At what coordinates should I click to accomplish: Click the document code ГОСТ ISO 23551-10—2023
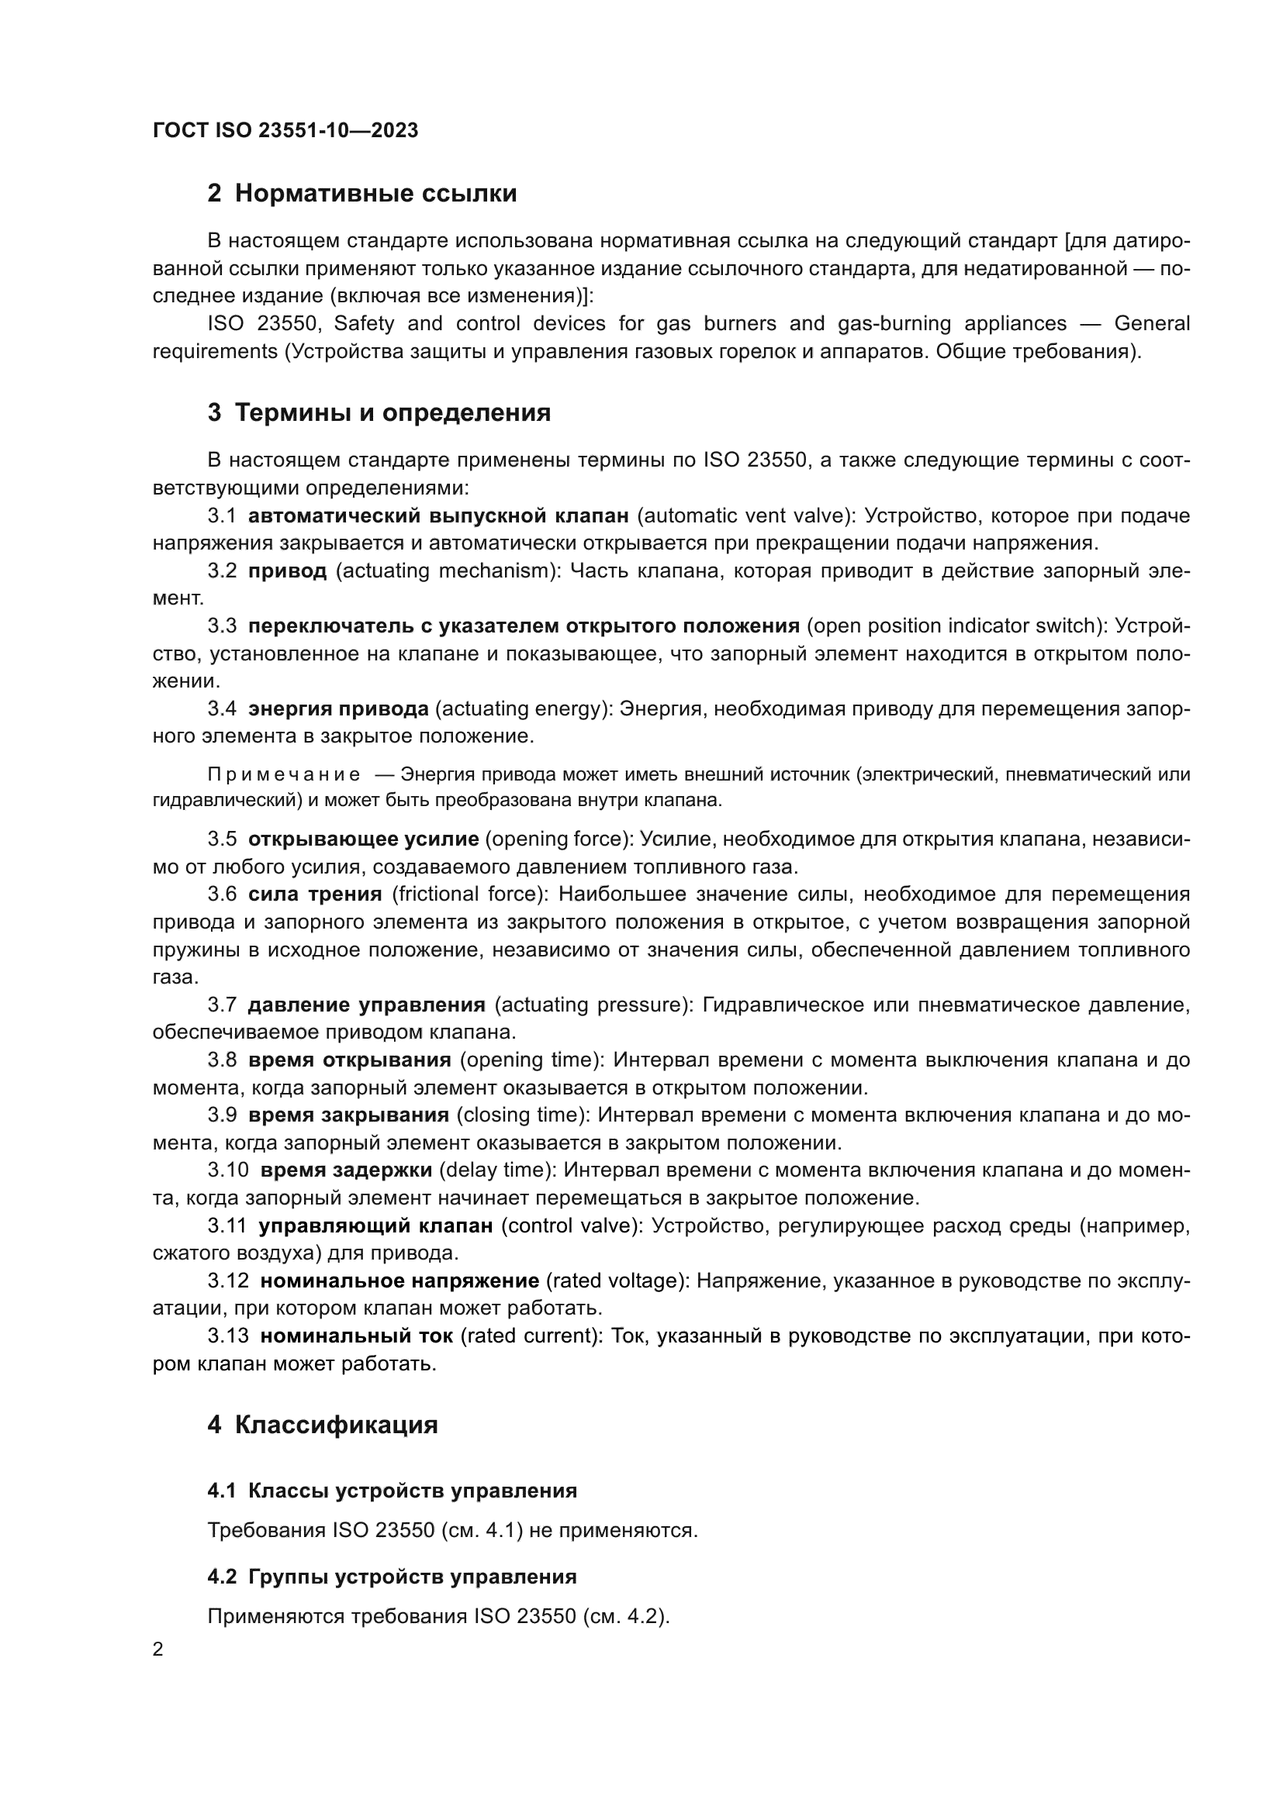pyautogui.click(x=285, y=130)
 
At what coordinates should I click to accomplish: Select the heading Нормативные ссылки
pyautogui.click(x=375, y=194)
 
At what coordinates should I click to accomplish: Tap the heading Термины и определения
pyautogui.click(x=393, y=413)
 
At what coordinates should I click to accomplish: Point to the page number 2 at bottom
pyautogui.click(x=158, y=1649)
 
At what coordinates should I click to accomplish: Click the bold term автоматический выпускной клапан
pyautogui.click(x=438, y=515)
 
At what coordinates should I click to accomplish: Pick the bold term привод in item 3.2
pyautogui.click(x=288, y=571)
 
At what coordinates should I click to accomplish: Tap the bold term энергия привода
pyautogui.click(x=338, y=709)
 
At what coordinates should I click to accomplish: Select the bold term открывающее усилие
pyautogui.click(x=363, y=839)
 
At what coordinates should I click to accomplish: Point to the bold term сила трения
pyautogui.click(x=314, y=894)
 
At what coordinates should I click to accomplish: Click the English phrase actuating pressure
pyautogui.click(x=593, y=1005)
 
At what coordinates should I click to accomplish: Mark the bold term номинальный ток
pyautogui.click(x=357, y=1336)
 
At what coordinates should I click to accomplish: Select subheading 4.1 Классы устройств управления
pyautogui.click(x=393, y=1491)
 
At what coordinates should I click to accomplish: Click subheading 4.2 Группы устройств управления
pyautogui.click(x=393, y=1577)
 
